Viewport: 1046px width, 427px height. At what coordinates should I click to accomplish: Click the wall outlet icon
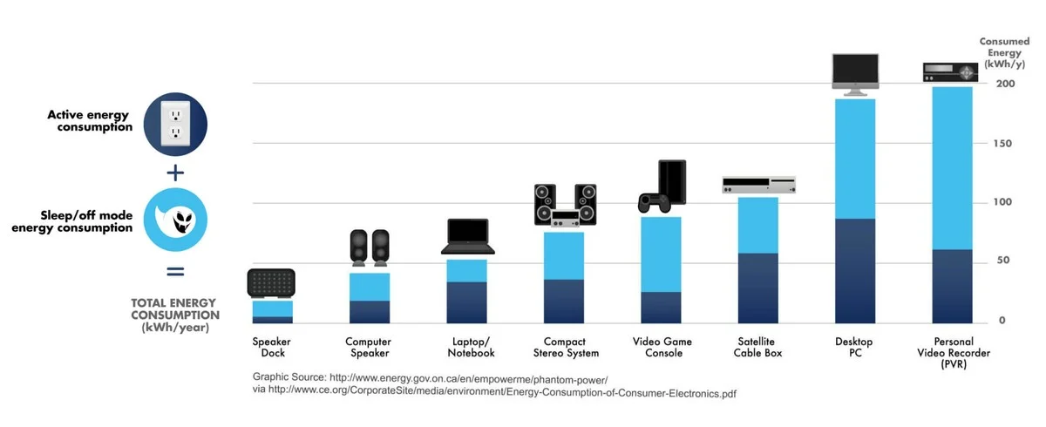click(x=175, y=120)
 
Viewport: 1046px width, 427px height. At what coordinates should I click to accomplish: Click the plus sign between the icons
click(x=175, y=172)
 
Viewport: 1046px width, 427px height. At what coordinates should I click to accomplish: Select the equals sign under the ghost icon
click(x=175, y=271)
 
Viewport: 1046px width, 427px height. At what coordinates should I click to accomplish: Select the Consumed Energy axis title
click(x=1004, y=52)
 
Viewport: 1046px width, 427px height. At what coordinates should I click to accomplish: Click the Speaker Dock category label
click(x=272, y=347)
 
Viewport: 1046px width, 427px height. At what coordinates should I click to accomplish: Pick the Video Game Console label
click(x=662, y=347)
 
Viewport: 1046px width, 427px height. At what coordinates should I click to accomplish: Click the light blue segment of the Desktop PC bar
click(x=855, y=159)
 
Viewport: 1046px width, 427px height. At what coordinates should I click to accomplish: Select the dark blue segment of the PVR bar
click(x=952, y=286)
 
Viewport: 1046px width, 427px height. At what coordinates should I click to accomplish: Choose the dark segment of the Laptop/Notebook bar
click(x=467, y=302)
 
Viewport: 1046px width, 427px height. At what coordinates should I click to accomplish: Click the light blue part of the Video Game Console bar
click(x=661, y=254)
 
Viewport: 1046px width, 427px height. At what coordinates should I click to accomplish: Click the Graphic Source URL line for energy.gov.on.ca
click(x=430, y=378)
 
